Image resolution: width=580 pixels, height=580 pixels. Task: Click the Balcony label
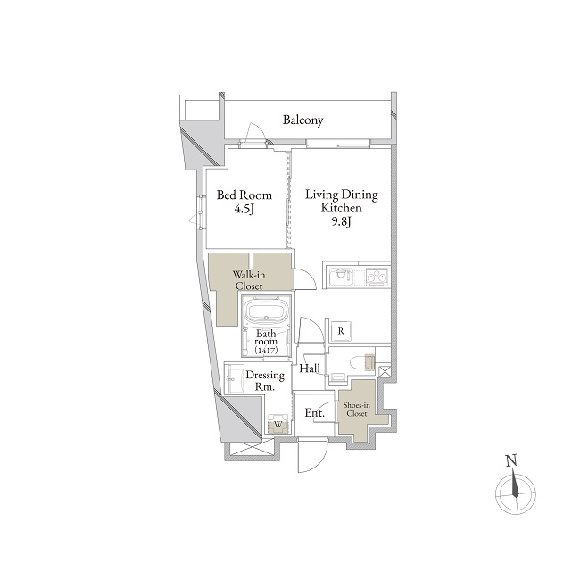click(303, 120)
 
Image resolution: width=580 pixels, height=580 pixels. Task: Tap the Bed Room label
click(244, 195)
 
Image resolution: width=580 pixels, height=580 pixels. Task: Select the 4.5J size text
click(244, 210)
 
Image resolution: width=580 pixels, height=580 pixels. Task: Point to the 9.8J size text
click(341, 222)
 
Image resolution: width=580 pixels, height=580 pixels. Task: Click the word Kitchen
click(341, 208)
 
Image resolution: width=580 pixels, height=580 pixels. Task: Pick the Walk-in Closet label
click(249, 280)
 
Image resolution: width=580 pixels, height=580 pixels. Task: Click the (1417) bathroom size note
click(266, 350)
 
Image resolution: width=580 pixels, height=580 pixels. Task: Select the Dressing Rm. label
click(265, 381)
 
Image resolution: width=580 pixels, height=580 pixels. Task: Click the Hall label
click(310, 368)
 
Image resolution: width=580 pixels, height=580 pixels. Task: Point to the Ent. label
click(314, 413)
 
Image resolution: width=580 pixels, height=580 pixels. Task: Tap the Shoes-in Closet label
click(357, 409)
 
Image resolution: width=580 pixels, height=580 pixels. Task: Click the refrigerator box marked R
click(341, 331)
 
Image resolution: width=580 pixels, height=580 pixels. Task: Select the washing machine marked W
click(278, 424)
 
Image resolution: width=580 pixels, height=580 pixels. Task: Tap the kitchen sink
click(341, 276)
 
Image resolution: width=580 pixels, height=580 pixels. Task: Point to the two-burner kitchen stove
click(377, 277)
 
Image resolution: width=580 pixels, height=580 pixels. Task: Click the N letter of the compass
click(511, 461)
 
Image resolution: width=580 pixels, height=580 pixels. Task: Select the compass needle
click(515, 483)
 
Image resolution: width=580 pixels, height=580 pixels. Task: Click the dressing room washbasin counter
click(234, 378)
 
